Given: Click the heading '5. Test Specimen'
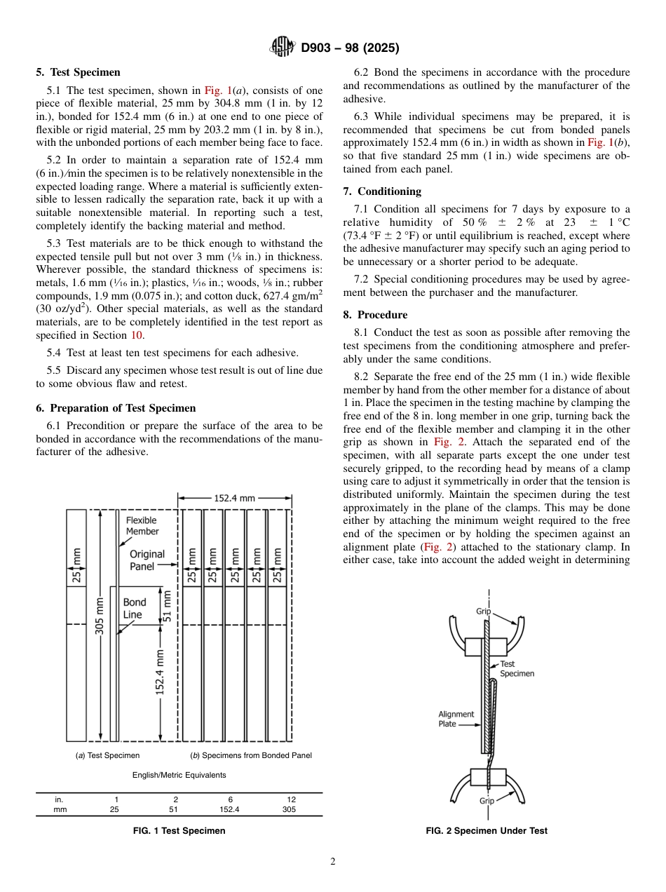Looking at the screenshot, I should [x=78, y=72].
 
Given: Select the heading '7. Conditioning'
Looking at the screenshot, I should [x=382, y=191].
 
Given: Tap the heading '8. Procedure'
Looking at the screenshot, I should [x=375, y=315].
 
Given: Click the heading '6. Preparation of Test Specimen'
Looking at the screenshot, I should [x=116, y=408].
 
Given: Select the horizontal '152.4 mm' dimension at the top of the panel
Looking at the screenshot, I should [x=235, y=498].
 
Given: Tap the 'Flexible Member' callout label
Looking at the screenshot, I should [x=142, y=526].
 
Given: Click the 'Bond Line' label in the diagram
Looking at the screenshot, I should [x=134, y=608].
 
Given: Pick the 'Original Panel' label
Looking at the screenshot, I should [x=147, y=560].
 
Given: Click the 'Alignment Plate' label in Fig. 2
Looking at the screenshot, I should [x=456, y=719].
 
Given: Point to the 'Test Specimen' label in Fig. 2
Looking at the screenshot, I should [x=517, y=668].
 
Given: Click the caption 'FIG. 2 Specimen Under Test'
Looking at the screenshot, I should [x=487, y=831].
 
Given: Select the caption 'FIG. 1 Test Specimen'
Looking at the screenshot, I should [x=179, y=831].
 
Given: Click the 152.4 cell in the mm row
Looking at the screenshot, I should [x=229, y=809].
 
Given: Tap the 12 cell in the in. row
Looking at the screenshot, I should [x=291, y=799].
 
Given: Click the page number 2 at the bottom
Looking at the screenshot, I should [x=332, y=862].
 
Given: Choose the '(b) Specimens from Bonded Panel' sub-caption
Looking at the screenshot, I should [x=251, y=755].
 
